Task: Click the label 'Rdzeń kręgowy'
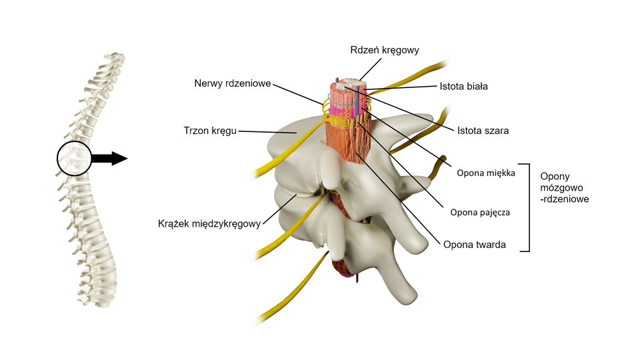(x=385, y=50)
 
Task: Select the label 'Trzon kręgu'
(x=210, y=131)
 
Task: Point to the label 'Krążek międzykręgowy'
(x=209, y=223)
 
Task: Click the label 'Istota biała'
(x=464, y=86)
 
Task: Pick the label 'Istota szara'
(x=483, y=131)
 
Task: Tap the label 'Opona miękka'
(x=486, y=173)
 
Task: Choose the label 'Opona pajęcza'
(x=480, y=213)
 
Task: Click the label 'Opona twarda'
(x=475, y=245)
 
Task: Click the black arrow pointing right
(x=108, y=158)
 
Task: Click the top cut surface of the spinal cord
(x=347, y=85)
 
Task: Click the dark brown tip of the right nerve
(x=440, y=159)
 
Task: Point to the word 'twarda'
(x=490, y=245)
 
